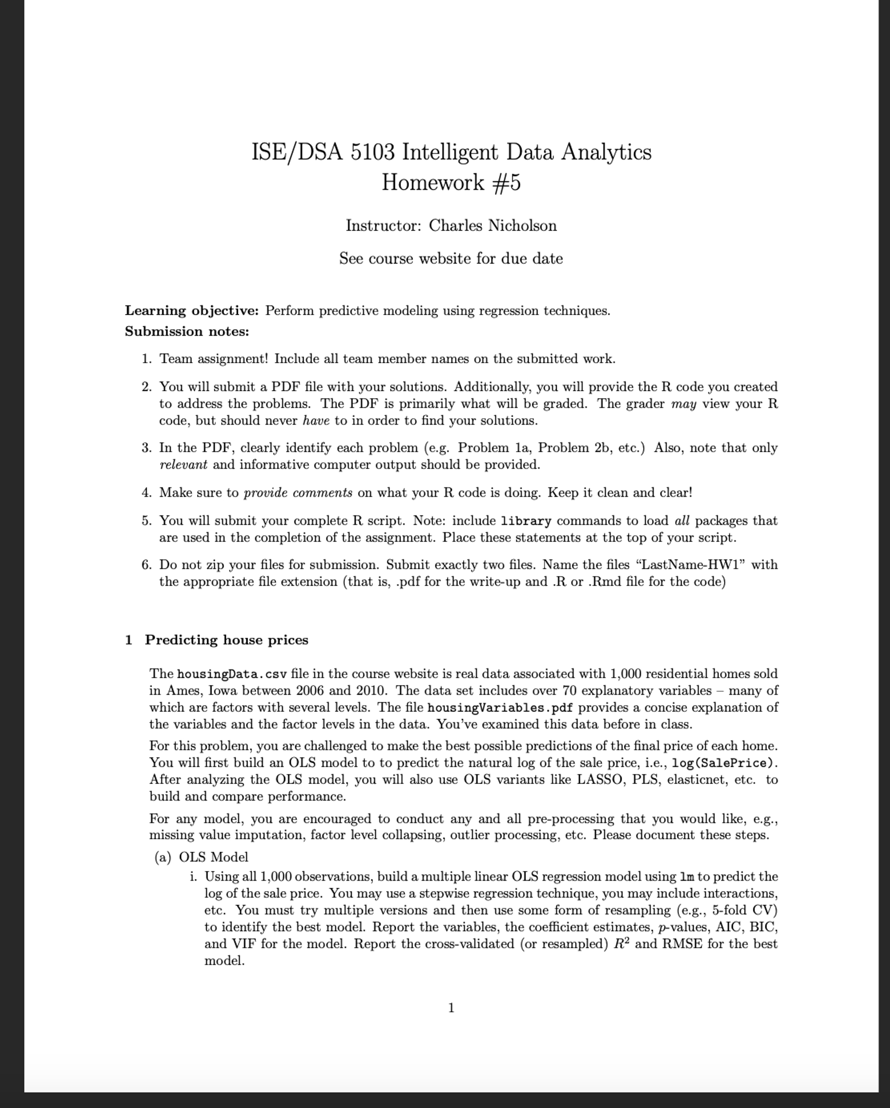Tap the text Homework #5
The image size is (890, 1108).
pyautogui.click(x=451, y=182)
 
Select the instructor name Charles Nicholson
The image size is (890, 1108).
pyautogui.click(x=493, y=225)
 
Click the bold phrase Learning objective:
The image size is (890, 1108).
pyautogui.click(x=192, y=311)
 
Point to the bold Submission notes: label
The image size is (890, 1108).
pyautogui.click(x=187, y=332)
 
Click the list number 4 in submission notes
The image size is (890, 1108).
pyautogui.click(x=146, y=493)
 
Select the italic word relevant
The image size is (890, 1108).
pyautogui.click(x=183, y=465)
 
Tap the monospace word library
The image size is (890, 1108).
pyautogui.click(x=526, y=521)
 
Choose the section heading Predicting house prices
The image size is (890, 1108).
pyautogui.click(x=226, y=640)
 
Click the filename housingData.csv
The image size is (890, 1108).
pyautogui.click(x=232, y=674)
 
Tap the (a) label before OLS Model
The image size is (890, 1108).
pyautogui.click(x=163, y=857)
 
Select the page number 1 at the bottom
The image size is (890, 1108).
pyautogui.click(x=451, y=1008)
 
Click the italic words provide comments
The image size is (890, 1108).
pyautogui.click(x=298, y=493)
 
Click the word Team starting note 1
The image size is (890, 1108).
pyautogui.click(x=176, y=359)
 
